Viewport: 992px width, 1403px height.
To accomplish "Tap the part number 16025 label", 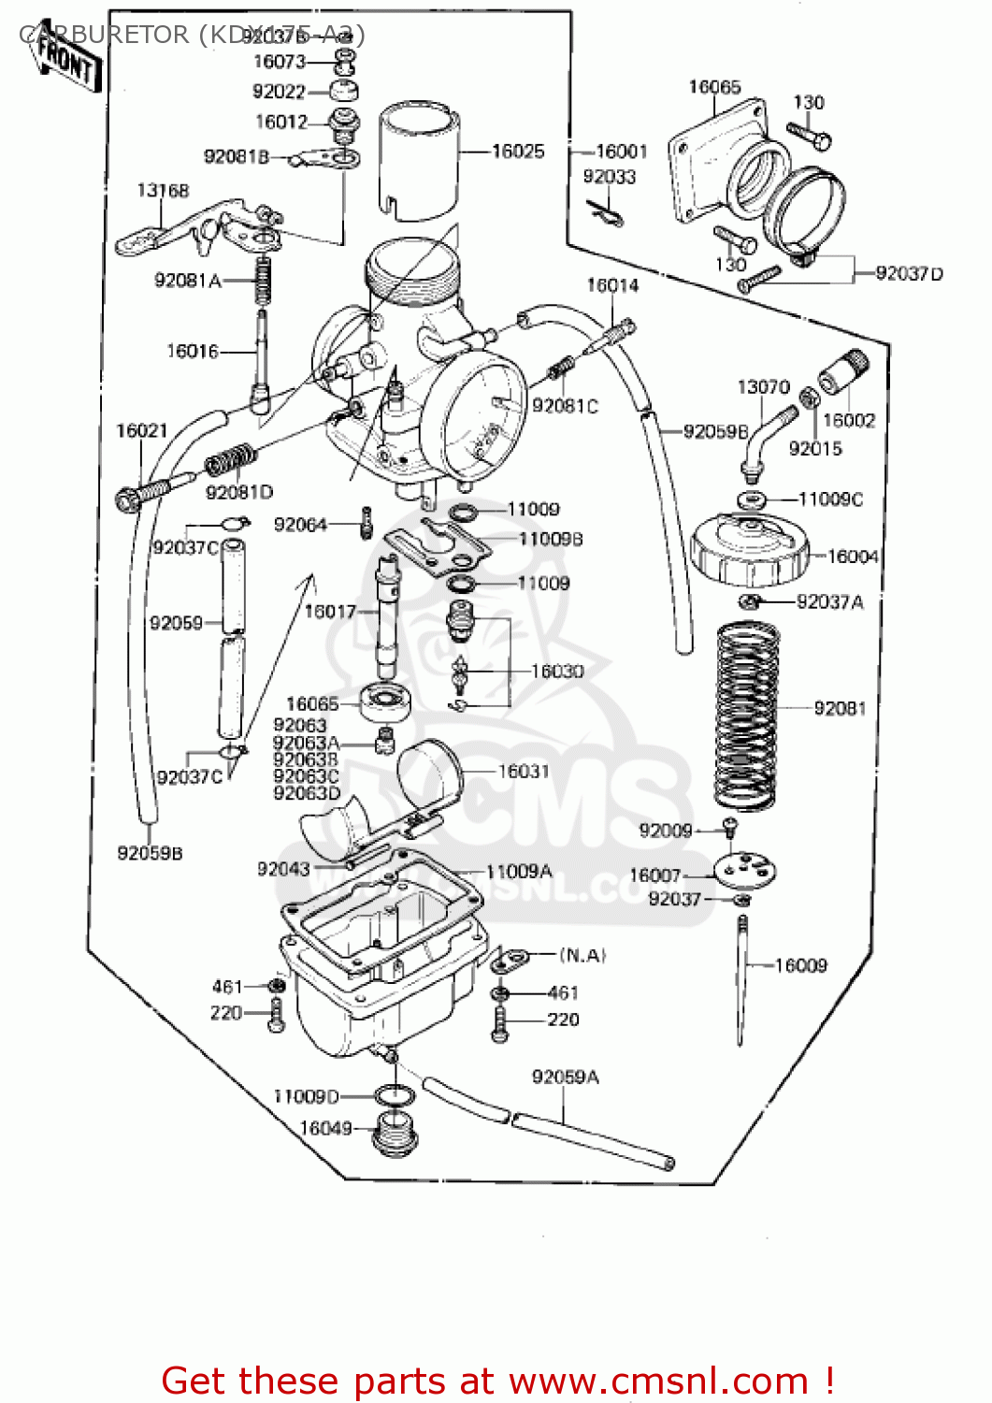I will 518,152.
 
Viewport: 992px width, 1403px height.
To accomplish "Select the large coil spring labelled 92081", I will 746,716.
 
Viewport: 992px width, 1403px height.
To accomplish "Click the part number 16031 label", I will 524,772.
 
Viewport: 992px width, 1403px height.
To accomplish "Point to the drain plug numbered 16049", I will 394,1134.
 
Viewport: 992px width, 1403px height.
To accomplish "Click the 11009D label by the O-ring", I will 306,1096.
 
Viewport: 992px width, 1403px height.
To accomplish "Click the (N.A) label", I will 582,955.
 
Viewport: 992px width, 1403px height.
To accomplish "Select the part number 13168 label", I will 163,191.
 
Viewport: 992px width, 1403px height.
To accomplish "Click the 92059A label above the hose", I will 565,1078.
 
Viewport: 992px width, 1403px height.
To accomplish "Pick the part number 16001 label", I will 622,152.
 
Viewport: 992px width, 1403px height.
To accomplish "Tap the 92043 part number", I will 283,869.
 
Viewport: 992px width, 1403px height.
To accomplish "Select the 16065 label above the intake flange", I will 714,87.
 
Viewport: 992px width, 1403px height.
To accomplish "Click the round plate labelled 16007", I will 745,870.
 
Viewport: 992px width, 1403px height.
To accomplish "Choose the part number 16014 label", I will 612,285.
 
